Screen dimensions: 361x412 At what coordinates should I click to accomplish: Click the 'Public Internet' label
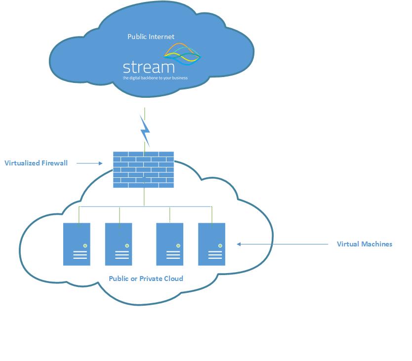click(x=151, y=37)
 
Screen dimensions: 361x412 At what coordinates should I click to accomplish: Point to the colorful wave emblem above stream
click(x=182, y=54)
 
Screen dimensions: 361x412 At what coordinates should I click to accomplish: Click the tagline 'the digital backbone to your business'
click(x=155, y=78)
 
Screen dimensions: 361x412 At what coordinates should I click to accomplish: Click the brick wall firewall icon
click(x=143, y=169)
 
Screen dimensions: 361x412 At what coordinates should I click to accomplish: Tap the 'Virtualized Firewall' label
click(x=36, y=162)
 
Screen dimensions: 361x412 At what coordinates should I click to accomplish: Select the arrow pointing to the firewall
click(x=89, y=162)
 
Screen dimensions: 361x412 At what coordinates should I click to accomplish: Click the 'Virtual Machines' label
click(x=364, y=244)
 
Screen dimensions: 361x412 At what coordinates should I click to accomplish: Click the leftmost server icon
click(x=77, y=244)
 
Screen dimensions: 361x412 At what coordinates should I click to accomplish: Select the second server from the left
click(x=119, y=244)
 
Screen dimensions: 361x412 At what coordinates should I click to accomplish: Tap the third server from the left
click(x=169, y=244)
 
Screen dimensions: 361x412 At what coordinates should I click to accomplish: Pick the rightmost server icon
click(x=211, y=244)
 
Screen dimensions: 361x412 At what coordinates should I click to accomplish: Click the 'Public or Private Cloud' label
click(x=146, y=279)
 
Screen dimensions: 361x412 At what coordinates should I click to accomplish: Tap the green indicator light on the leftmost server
click(x=85, y=245)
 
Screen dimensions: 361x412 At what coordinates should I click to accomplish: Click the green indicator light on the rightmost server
click(x=220, y=245)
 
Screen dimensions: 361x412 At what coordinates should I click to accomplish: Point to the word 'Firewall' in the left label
click(x=54, y=162)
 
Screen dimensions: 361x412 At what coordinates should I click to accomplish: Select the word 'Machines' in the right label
click(x=376, y=244)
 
